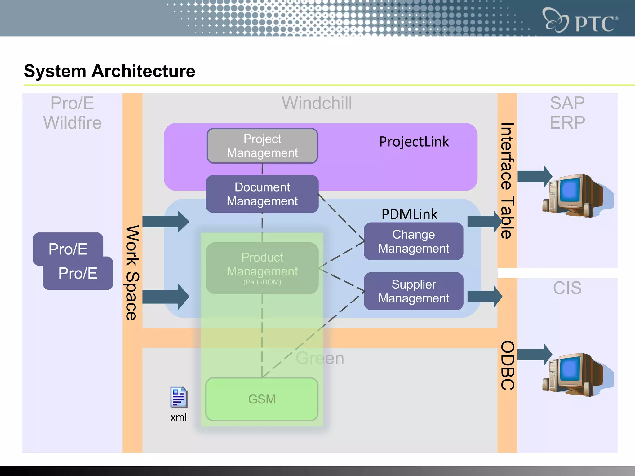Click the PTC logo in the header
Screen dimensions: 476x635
coord(580,20)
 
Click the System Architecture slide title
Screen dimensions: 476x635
coord(109,71)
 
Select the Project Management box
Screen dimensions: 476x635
coord(262,146)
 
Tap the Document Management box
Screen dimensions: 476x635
coord(262,194)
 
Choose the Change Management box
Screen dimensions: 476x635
coord(413,241)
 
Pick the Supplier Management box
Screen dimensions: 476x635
coord(413,291)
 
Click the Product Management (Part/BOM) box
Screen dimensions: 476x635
coord(262,268)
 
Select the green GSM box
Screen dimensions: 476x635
coord(262,399)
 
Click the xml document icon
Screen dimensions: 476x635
coord(179,397)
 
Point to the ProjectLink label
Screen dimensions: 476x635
coord(414,142)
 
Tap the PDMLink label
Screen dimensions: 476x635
coord(409,214)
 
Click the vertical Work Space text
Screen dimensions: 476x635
coord(132,273)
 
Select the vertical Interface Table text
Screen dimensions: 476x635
coord(507,181)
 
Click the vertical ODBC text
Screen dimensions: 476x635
coord(507,365)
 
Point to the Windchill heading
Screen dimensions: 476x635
coord(317,103)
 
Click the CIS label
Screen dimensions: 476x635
coord(567,288)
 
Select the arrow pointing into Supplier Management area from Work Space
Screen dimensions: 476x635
coord(166,297)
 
